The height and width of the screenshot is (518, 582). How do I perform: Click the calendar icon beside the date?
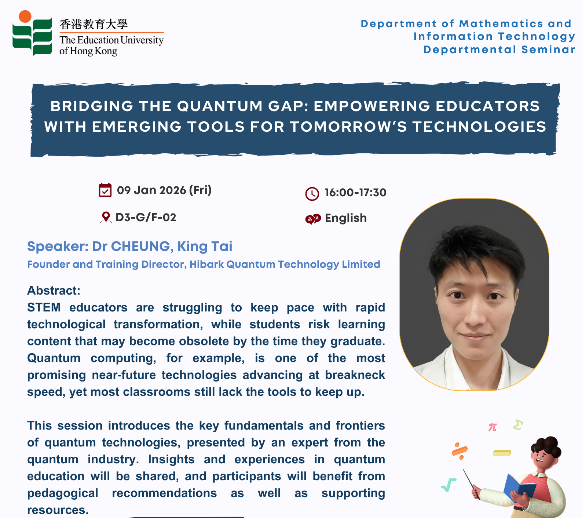105,190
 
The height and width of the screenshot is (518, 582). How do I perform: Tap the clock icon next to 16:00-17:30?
312,194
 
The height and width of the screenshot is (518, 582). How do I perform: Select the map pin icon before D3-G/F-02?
106,218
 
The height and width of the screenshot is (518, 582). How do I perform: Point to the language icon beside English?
313,219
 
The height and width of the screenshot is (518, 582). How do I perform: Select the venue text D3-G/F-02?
146,218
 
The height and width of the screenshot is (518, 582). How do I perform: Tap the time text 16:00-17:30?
356,193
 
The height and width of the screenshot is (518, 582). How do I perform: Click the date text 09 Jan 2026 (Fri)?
164,190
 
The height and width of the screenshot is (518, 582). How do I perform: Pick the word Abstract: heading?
54,291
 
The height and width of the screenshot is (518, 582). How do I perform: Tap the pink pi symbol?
493,427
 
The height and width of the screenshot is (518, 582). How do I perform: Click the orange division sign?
460,451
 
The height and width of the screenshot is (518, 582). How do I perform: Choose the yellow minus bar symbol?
502,453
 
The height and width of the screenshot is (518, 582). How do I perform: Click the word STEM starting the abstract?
44,307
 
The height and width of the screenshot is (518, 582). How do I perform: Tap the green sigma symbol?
518,425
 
